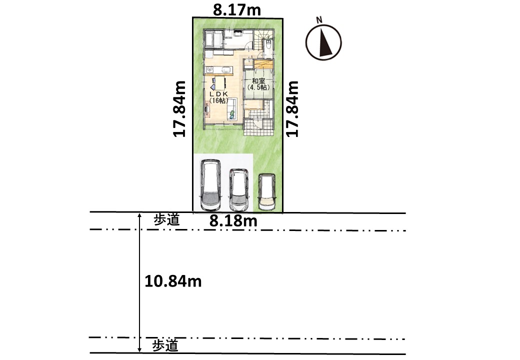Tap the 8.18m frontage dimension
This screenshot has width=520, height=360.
pyautogui.click(x=233, y=221)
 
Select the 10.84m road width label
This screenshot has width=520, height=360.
pyautogui.click(x=173, y=281)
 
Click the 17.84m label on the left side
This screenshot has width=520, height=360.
pyautogui.click(x=179, y=108)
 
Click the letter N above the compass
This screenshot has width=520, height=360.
pyautogui.click(x=319, y=20)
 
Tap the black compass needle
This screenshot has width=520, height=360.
pyautogui.click(x=324, y=42)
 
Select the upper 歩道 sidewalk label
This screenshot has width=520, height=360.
pyautogui.click(x=167, y=220)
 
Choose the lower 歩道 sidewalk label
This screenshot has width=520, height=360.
pyautogui.click(x=165, y=345)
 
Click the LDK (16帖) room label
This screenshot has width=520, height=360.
pyautogui.click(x=218, y=97)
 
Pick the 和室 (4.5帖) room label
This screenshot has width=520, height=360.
pyautogui.click(x=258, y=84)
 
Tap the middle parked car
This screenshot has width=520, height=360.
pyautogui.click(x=239, y=189)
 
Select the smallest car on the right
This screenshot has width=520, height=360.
pyautogui.click(x=267, y=192)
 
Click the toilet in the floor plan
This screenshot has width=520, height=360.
pyautogui.click(x=268, y=44)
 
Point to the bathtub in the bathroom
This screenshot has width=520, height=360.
pyautogui.click(x=209, y=39)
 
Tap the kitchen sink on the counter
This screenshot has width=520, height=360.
pyautogui.click(x=226, y=70)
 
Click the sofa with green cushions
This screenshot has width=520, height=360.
pyautogui.click(x=232, y=109)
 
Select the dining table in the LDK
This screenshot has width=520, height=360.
pyautogui.click(x=219, y=82)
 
